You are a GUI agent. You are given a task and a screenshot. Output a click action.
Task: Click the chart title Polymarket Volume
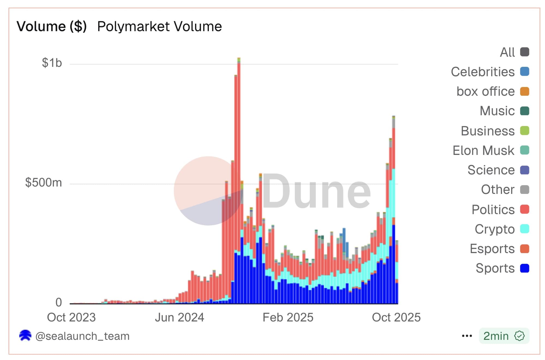[159, 27]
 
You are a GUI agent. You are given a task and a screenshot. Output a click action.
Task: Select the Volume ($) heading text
[52, 27]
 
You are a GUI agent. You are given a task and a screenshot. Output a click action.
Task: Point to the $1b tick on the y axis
[52, 63]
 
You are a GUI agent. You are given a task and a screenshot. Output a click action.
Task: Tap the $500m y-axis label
[44, 182]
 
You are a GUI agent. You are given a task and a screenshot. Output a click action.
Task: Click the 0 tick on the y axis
[59, 302]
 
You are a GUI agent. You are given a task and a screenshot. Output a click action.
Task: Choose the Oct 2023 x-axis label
[71, 317]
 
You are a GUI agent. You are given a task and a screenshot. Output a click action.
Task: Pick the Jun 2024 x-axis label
[179, 317]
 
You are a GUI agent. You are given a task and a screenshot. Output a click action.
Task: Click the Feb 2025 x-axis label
[288, 317]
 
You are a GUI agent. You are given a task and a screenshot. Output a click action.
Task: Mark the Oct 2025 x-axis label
[396, 317]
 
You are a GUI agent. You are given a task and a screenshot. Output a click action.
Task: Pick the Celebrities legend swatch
[525, 72]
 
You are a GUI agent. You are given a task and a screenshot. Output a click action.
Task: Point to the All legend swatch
[525, 52]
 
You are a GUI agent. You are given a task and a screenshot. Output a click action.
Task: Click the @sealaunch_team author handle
[82, 336]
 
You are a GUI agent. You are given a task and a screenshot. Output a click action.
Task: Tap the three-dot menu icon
[467, 336]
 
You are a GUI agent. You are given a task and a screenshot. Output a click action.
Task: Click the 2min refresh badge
[504, 336]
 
